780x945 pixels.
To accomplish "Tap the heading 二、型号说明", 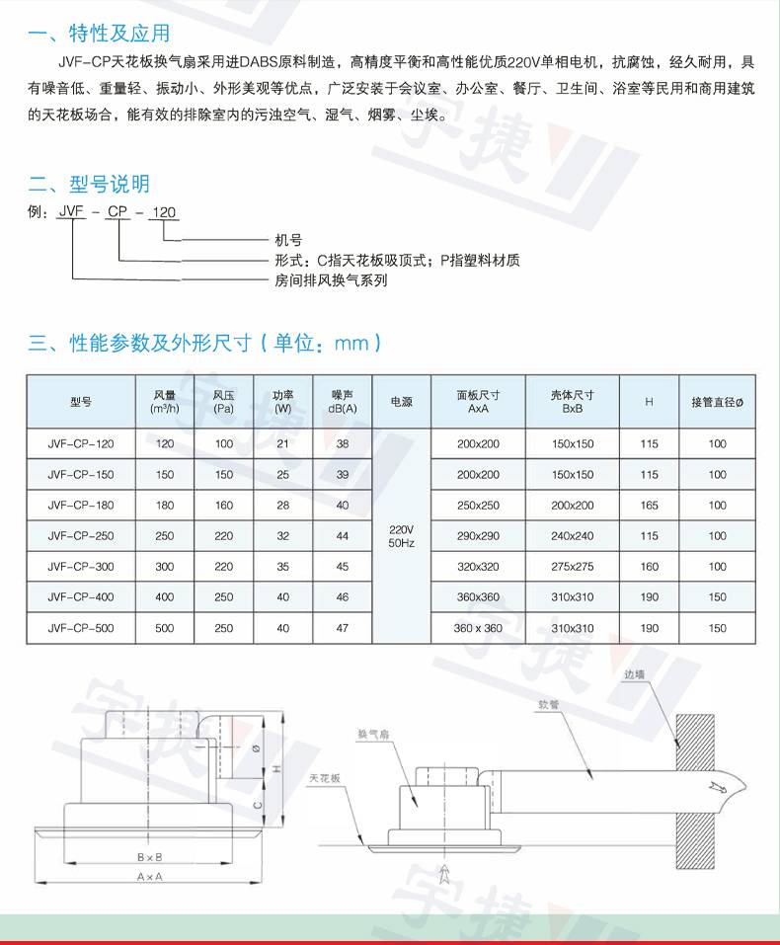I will click(x=89, y=184).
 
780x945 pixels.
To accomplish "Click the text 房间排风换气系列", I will click(x=331, y=280).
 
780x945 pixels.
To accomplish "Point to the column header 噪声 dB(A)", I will click(x=343, y=401).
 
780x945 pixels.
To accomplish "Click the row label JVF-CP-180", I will click(x=81, y=506).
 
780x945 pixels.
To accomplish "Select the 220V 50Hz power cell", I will click(x=401, y=536).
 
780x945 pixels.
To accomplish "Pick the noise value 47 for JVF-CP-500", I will click(x=343, y=628).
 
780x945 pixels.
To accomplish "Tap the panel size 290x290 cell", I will click(x=479, y=536).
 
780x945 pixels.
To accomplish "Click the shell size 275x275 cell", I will click(x=573, y=567).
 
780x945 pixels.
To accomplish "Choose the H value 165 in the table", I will click(x=649, y=506).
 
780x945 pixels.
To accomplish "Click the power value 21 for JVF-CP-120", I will click(x=283, y=444).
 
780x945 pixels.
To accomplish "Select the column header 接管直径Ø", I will click(x=718, y=401).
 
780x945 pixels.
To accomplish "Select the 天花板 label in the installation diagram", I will click(x=324, y=778).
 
